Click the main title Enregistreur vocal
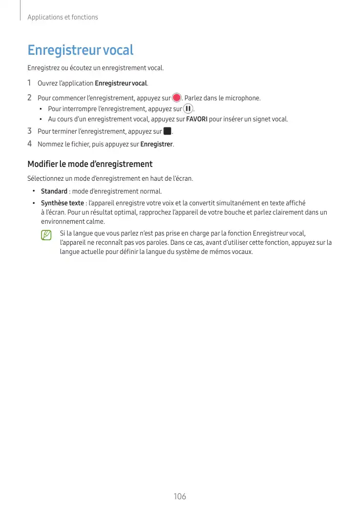[80, 50]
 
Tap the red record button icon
[177, 98]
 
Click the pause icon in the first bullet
[188, 109]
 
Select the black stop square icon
[167, 132]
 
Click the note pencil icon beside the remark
[47, 235]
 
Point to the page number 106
[180, 496]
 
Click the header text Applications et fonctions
[62, 17]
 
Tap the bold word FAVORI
[197, 119]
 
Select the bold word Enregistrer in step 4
[157, 144]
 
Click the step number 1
[30, 83]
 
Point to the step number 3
[30, 132]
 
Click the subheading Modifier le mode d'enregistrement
[90, 164]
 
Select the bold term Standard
[54, 192]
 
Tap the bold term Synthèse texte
[62, 203]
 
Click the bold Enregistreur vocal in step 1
[121, 83]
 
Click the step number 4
[30, 144]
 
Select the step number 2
[30, 97]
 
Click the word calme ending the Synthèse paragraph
[95, 222]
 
